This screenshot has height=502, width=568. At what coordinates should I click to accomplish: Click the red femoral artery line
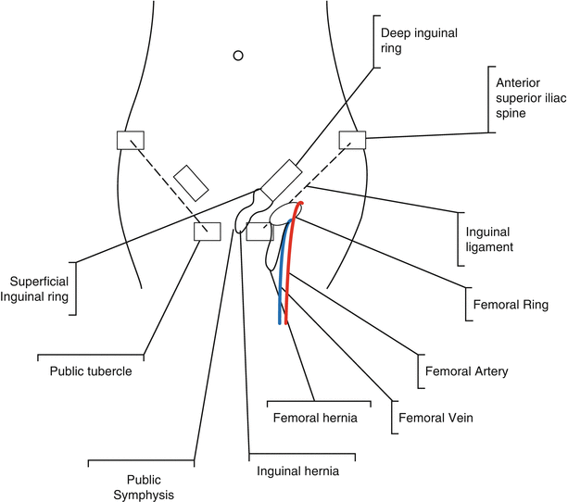(289, 278)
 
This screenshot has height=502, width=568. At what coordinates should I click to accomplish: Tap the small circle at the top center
(238, 56)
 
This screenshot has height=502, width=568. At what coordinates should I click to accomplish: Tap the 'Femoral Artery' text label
(466, 371)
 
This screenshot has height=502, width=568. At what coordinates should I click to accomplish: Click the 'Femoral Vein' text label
(435, 418)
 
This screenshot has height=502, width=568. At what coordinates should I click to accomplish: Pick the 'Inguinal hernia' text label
(297, 471)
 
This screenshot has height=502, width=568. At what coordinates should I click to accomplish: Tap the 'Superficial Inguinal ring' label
(39, 288)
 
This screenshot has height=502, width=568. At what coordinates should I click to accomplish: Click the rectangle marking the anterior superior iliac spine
(352, 140)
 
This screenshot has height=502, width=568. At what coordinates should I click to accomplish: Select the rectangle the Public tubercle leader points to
(207, 232)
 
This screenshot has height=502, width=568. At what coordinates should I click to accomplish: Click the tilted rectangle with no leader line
(190, 182)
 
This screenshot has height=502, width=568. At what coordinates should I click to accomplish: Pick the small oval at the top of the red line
(298, 208)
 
